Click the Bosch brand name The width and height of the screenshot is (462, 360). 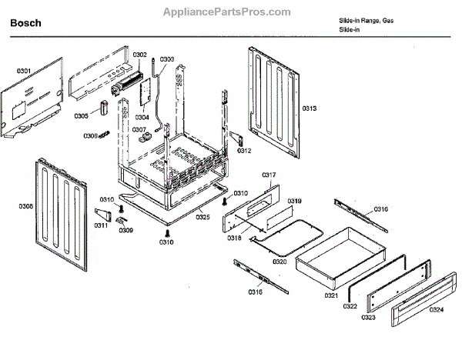(25, 23)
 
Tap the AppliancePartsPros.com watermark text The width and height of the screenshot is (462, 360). (228, 12)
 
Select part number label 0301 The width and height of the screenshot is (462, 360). (24, 72)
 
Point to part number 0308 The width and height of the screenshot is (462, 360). (26, 206)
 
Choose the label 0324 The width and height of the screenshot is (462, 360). (436, 310)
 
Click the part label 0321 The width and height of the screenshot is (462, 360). (331, 295)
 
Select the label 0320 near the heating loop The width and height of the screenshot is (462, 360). (280, 262)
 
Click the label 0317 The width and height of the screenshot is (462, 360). (269, 175)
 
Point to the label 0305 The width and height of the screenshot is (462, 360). (81, 116)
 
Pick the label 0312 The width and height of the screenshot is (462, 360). (244, 151)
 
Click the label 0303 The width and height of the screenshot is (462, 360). (166, 59)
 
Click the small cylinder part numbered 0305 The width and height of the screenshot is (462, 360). (100, 109)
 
